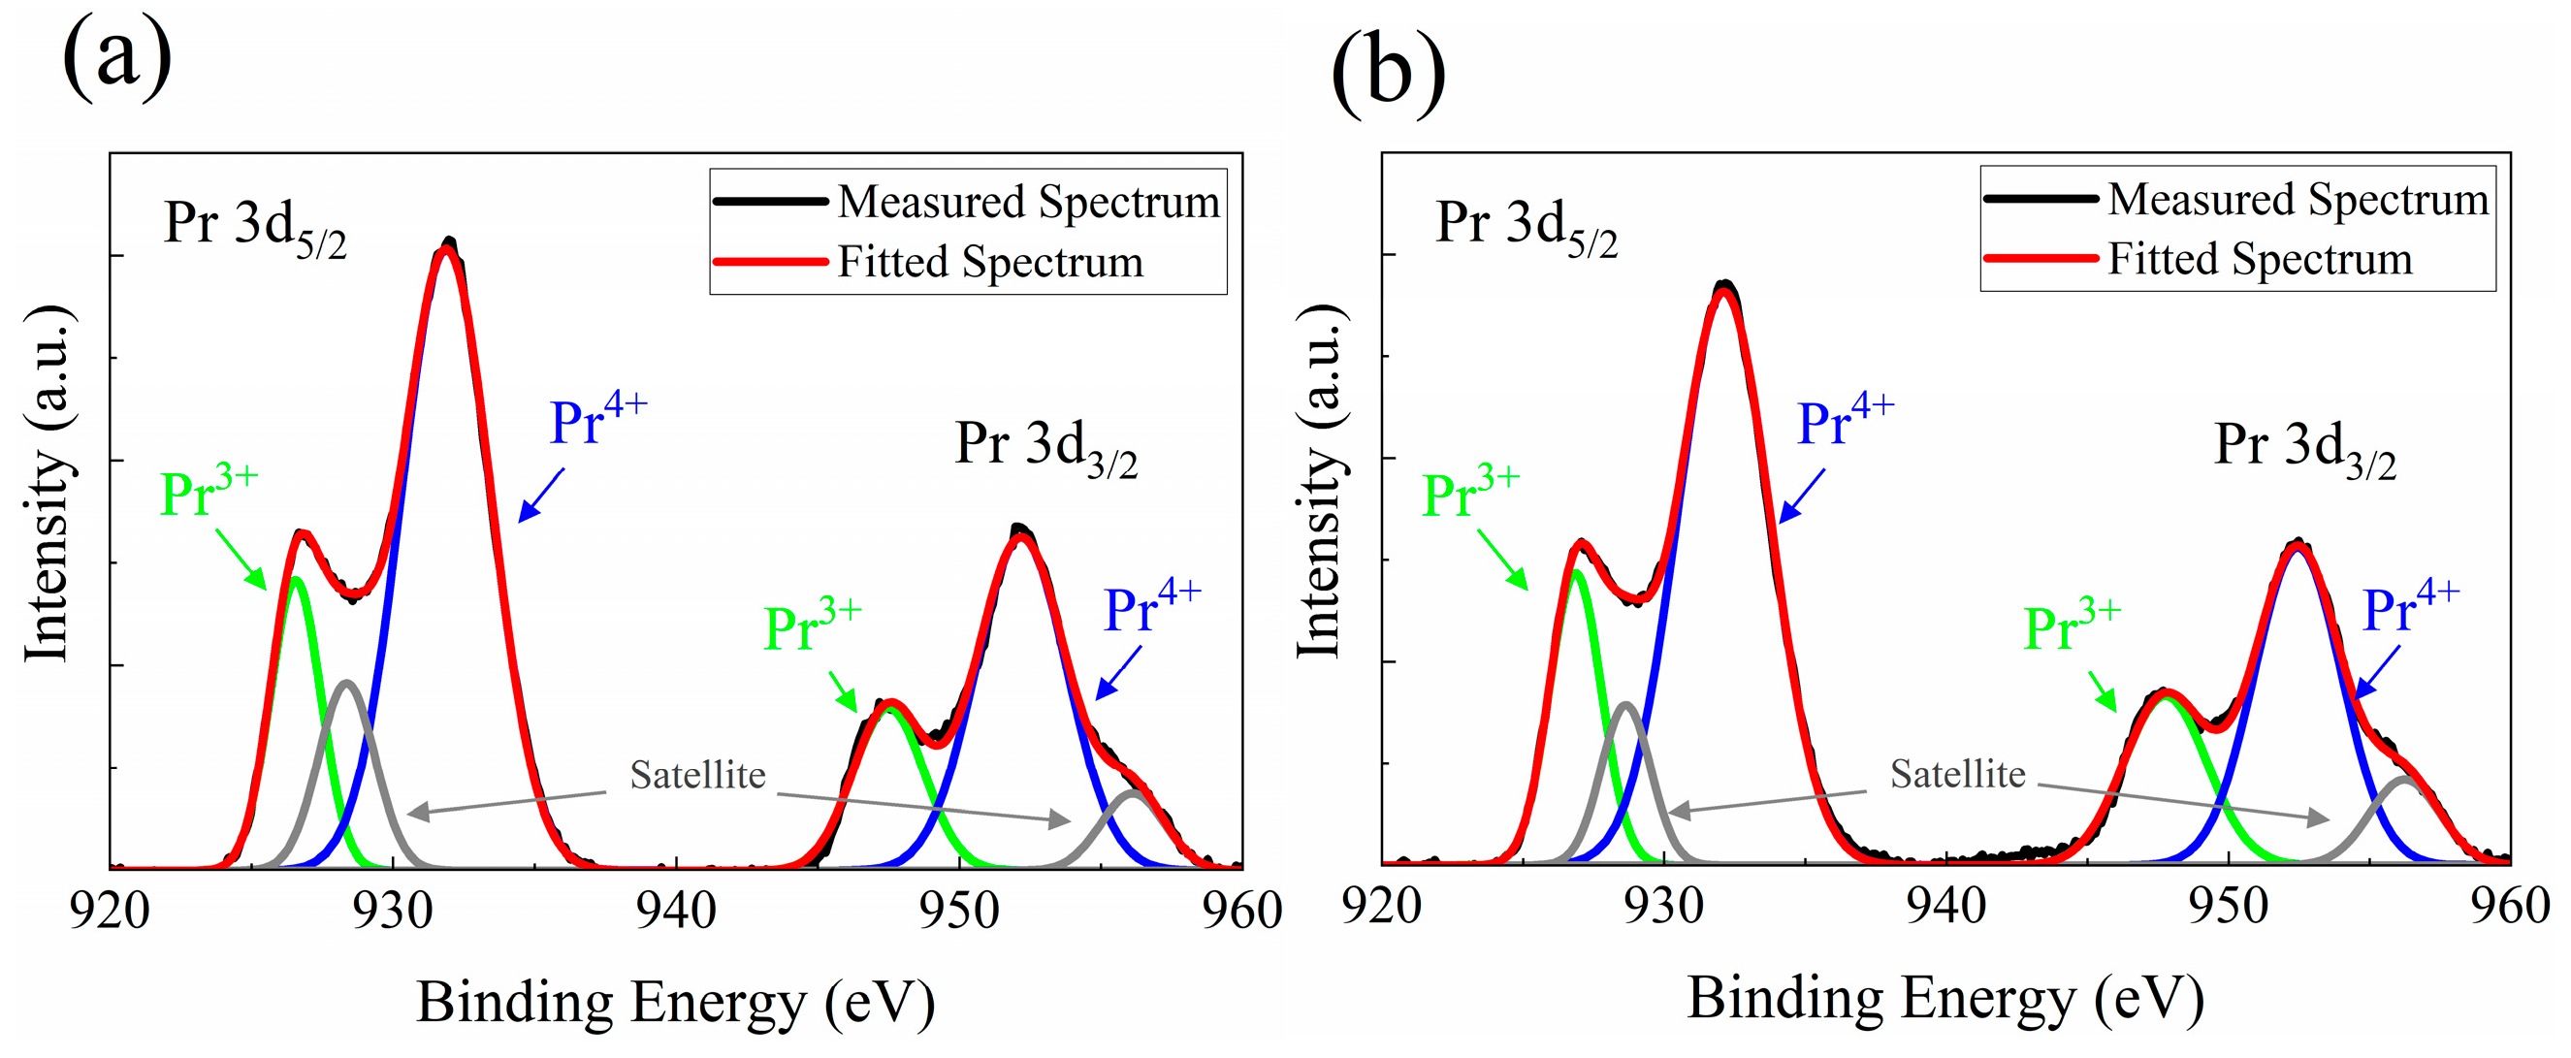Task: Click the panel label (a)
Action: (x=116, y=58)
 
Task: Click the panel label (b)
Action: (x=1387, y=72)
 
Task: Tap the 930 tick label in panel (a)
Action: (x=392, y=911)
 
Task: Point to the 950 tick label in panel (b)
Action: (x=2228, y=907)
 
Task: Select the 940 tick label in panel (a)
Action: (x=676, y=911)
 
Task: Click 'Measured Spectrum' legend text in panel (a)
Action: (x=1028, y=202)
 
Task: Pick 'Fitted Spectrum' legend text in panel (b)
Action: (x=2260, y=260)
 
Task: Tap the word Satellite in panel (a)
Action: (x=696, y=775)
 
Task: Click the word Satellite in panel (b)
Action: (x=1957, y=774)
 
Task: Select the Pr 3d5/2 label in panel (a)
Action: (x=254, y=226)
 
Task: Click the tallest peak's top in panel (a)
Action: (x=448, y=244)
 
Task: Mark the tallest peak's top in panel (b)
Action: (x=1723, y=287)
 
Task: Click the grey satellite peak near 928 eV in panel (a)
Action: (x=346, y=685)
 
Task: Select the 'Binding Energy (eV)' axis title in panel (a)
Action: (x=676, y=1002)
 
